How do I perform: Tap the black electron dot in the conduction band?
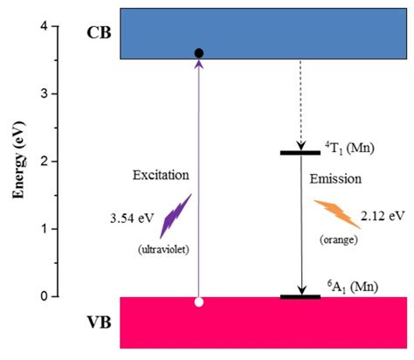coord(199,54)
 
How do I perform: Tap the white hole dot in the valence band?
coord(199,302)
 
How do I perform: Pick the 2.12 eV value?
coord(383,214)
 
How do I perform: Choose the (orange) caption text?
coord(337,239)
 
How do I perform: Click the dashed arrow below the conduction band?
coord(300,105)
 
